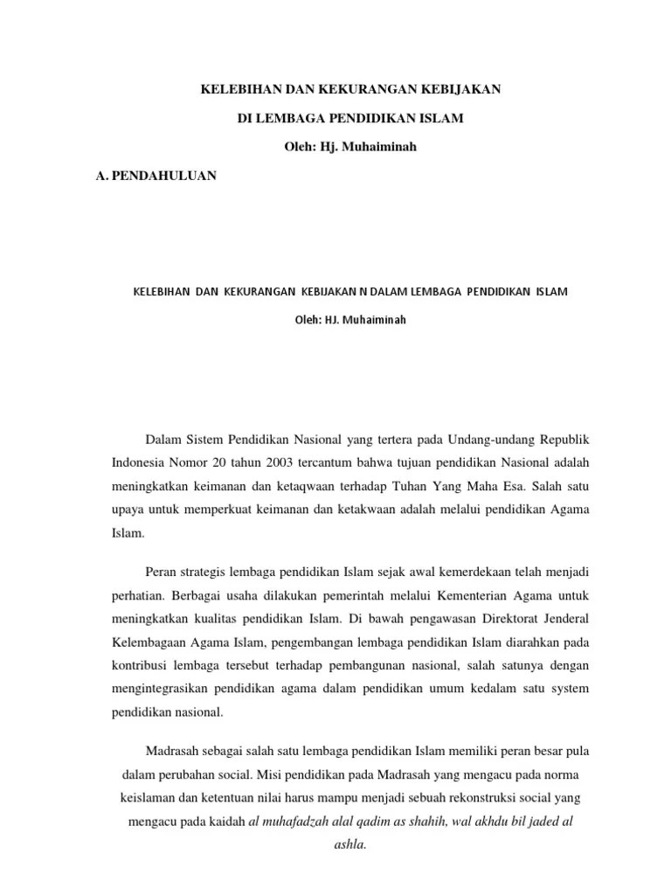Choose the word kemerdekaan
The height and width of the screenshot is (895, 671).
[x=457, y=572]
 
